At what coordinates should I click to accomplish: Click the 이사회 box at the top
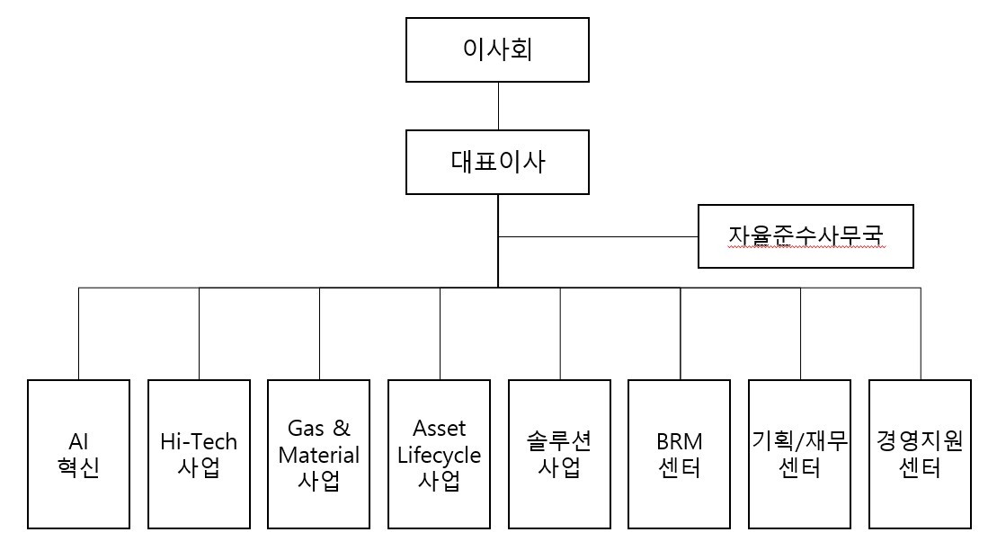coord(497,49)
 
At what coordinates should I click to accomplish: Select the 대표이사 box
coord(497,162)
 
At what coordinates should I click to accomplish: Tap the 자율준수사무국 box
coord(806,236)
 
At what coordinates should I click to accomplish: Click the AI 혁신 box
coord(78,454)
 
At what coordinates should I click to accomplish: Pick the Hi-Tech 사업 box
coord(199,454)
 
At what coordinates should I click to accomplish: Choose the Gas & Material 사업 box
coord(318,454)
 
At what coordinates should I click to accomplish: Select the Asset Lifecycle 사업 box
coord(439,454)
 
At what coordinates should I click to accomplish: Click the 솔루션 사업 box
coord(559,454)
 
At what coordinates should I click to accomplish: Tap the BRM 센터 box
coord(680,454)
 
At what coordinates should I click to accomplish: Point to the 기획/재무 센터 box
coord(799,454)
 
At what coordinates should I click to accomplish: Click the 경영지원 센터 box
coord(920,454)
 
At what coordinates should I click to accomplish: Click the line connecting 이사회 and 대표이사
coord(498,106)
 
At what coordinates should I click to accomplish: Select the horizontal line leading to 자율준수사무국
coord(599,236)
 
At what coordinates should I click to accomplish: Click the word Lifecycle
coord(439,455)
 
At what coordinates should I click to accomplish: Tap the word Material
coord(318,455)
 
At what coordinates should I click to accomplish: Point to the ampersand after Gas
coord(341,428)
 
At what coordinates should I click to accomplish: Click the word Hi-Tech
coord(199,441)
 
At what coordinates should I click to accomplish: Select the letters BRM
coord(680,441)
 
